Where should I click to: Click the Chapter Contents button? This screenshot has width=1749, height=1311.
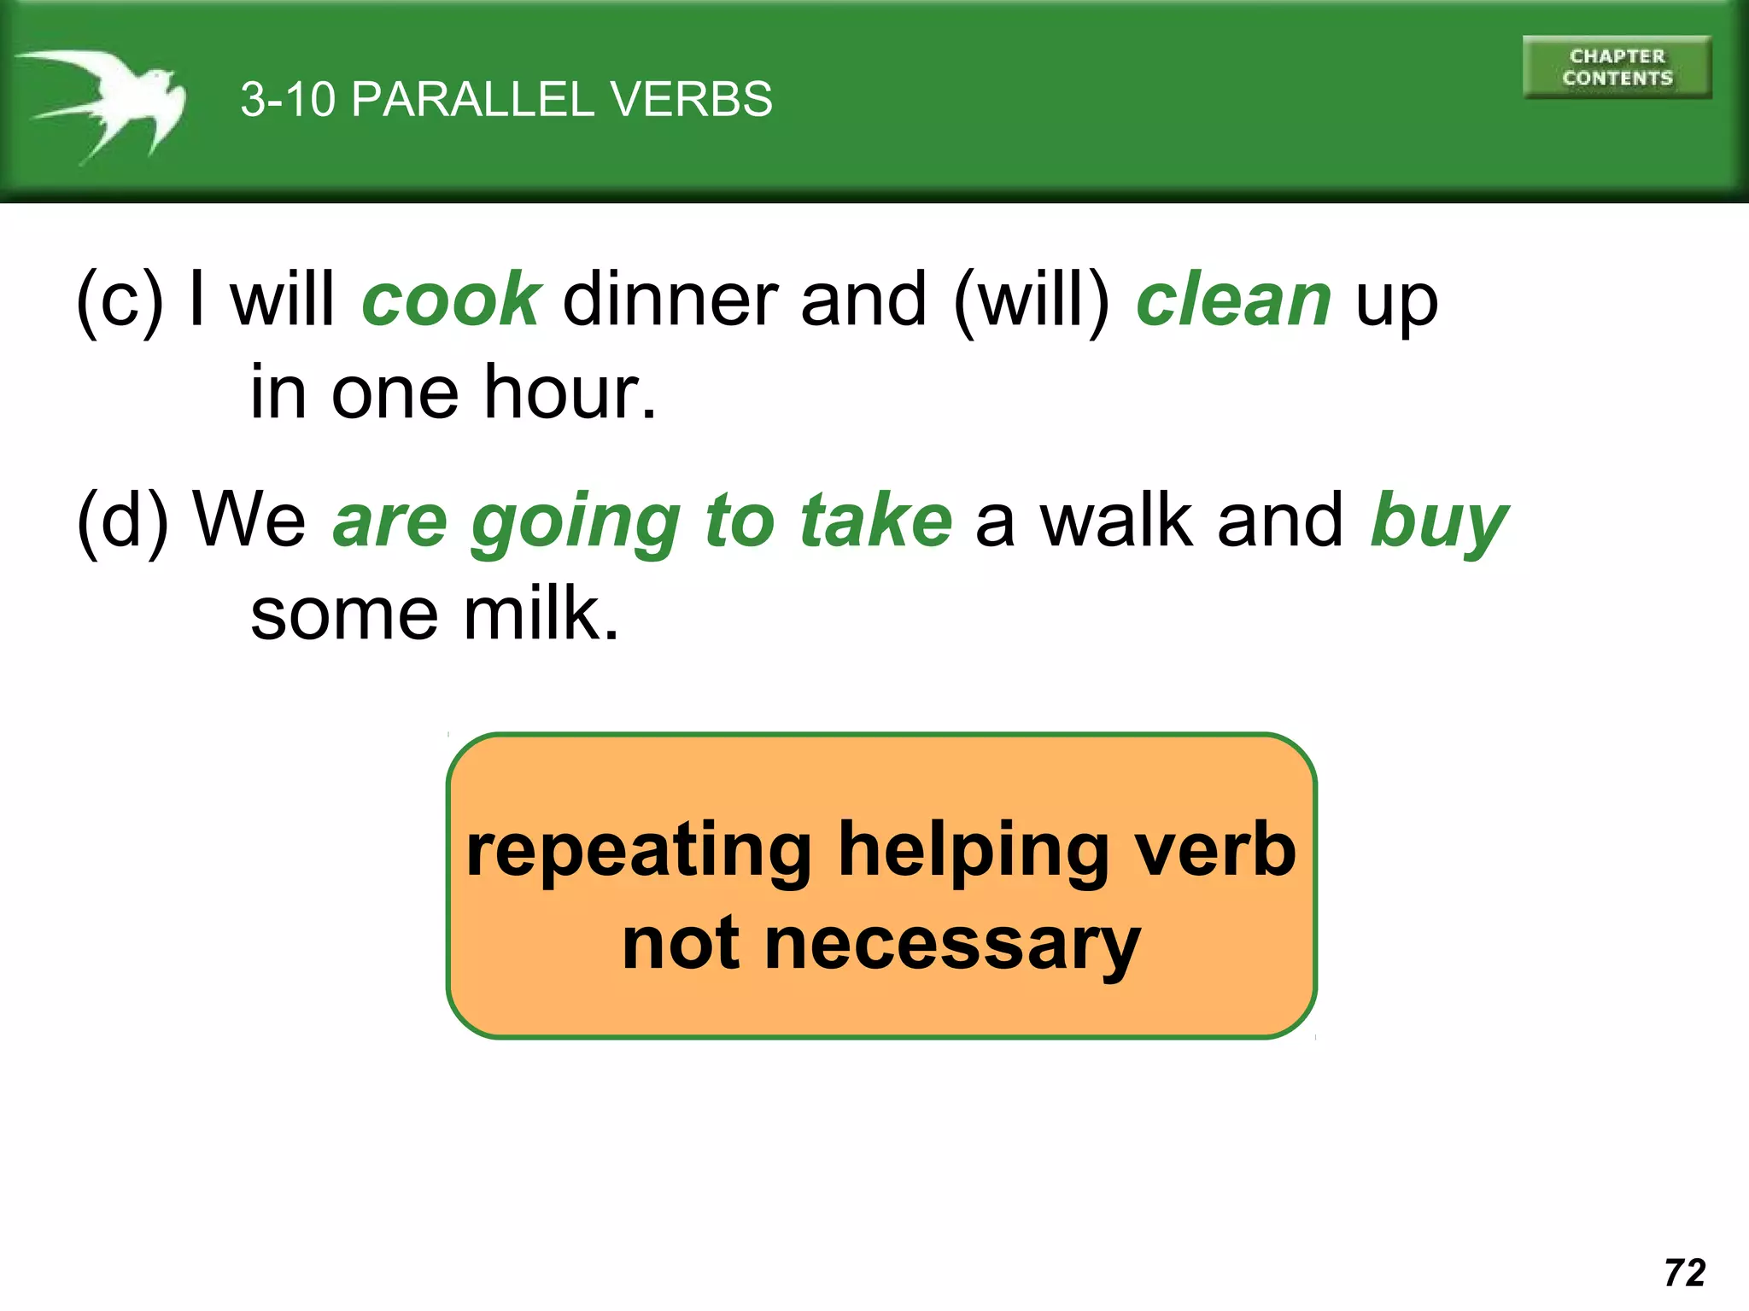coord(1617,67)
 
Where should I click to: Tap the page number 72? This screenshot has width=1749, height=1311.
coord(1684,1273)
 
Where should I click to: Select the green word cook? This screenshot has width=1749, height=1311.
coord(451,300)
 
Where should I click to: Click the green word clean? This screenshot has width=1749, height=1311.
coord(1233,300)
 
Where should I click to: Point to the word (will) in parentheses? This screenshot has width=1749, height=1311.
coord(1031,300)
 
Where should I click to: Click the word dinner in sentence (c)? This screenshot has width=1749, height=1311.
coord(670,300)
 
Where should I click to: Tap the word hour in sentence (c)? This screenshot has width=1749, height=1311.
coord(570,393)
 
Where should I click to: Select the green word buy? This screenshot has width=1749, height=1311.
coord(1439,521)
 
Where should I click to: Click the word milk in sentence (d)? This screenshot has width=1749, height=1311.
coord(541,614)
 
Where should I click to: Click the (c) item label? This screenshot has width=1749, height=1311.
coord(119,300)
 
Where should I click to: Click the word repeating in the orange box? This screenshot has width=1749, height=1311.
coord(639,851)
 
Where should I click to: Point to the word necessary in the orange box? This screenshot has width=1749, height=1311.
coord(952,944)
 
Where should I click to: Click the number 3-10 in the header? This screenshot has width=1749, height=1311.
coord(288,99)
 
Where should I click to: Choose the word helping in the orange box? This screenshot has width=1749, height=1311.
coord(974,851)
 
